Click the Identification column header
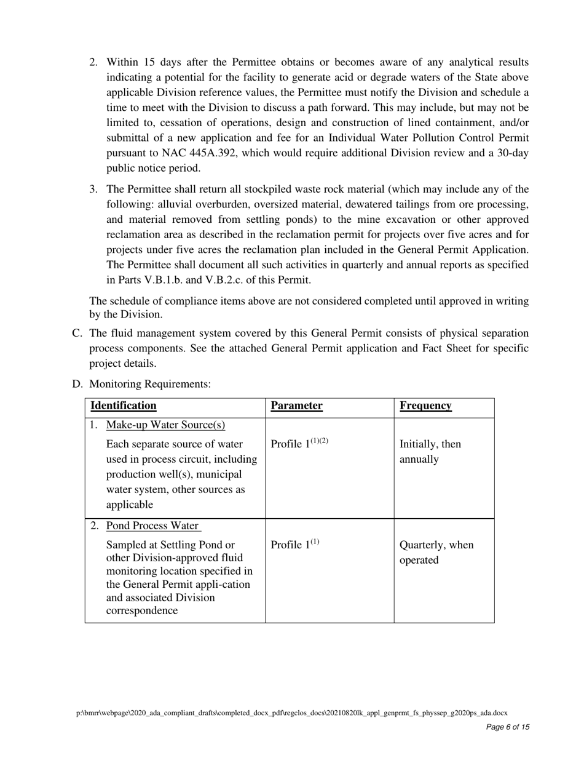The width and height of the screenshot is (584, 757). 124,406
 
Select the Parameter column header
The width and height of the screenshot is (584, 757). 296,406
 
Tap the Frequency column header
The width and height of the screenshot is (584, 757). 425,406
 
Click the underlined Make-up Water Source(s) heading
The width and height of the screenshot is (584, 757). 165,425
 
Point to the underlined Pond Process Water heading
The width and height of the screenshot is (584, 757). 153,526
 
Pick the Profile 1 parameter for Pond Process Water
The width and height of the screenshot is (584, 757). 295,545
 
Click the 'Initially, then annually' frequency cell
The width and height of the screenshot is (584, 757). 430,452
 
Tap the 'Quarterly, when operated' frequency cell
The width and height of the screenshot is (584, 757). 436,553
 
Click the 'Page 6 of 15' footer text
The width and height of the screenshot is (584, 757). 507,727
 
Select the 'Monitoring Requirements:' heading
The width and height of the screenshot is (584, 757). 150,384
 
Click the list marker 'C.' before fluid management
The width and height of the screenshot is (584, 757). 77,334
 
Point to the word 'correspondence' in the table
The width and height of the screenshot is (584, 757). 142,611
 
